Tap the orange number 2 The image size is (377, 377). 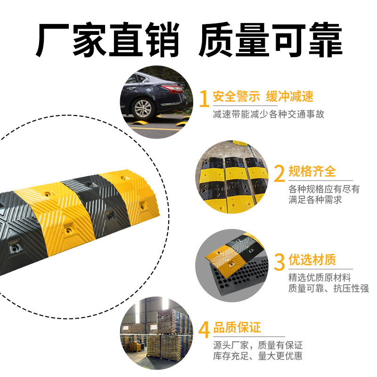[279, 173]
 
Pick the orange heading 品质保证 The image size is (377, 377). [237, 327]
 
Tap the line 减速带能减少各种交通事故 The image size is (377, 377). [268, 114]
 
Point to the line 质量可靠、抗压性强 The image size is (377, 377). [328, 288]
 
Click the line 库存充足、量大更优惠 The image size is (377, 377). [258, 356]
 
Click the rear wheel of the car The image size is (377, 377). [143, 108]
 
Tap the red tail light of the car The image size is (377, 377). [174, 89]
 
